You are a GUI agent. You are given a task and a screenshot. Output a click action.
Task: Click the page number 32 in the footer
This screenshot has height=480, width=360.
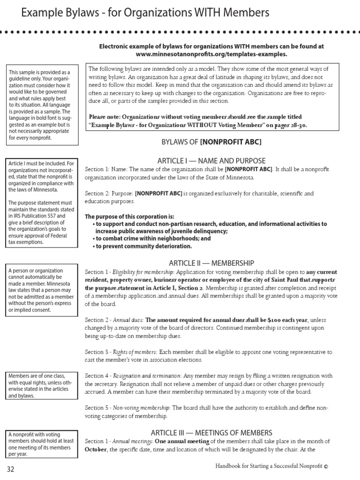pos(11,469)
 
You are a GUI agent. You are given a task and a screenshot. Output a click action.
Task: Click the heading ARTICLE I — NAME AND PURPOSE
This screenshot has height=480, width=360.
pos(211,161)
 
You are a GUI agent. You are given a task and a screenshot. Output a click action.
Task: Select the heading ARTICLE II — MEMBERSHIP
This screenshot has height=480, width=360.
pos(211,263)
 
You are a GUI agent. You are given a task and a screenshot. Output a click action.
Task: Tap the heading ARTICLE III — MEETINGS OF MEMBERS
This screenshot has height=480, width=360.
pos(211,433)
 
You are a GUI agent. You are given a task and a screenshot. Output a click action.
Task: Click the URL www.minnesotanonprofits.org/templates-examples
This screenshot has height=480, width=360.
pos(211,54)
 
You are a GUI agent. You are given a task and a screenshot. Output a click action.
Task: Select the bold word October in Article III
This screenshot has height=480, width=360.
pos(96,450)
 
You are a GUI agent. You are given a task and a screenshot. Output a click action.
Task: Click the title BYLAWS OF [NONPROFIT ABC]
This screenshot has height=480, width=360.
pos(211,142)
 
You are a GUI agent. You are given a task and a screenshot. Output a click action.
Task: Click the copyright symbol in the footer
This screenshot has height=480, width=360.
pos(326,466)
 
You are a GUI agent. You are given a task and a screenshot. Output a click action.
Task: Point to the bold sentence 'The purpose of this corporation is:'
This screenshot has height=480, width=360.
pos(129,217)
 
